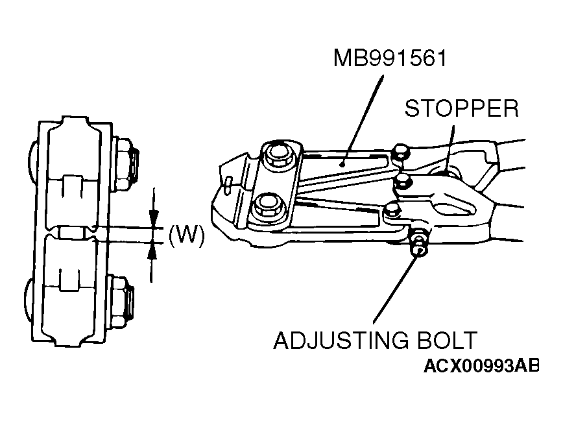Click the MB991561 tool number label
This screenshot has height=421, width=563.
pos(390,58)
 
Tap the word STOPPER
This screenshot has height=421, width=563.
pos(462,108)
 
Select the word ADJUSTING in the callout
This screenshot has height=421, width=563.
pos(341,340)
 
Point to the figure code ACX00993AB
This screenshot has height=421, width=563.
pos(481,366)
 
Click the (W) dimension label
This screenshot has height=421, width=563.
pos(186,236)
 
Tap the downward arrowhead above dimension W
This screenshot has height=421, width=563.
pos(154,219)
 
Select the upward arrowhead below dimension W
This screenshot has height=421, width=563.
pos(152,251)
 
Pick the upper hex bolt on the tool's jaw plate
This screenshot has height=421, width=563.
pos(277,155)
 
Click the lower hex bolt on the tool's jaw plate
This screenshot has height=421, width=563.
pos(269,206)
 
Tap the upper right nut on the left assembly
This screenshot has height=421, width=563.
pos(125,163)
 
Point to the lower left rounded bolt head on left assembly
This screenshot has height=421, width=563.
pos(29,302)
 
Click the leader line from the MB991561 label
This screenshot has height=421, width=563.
pos(362,120)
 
